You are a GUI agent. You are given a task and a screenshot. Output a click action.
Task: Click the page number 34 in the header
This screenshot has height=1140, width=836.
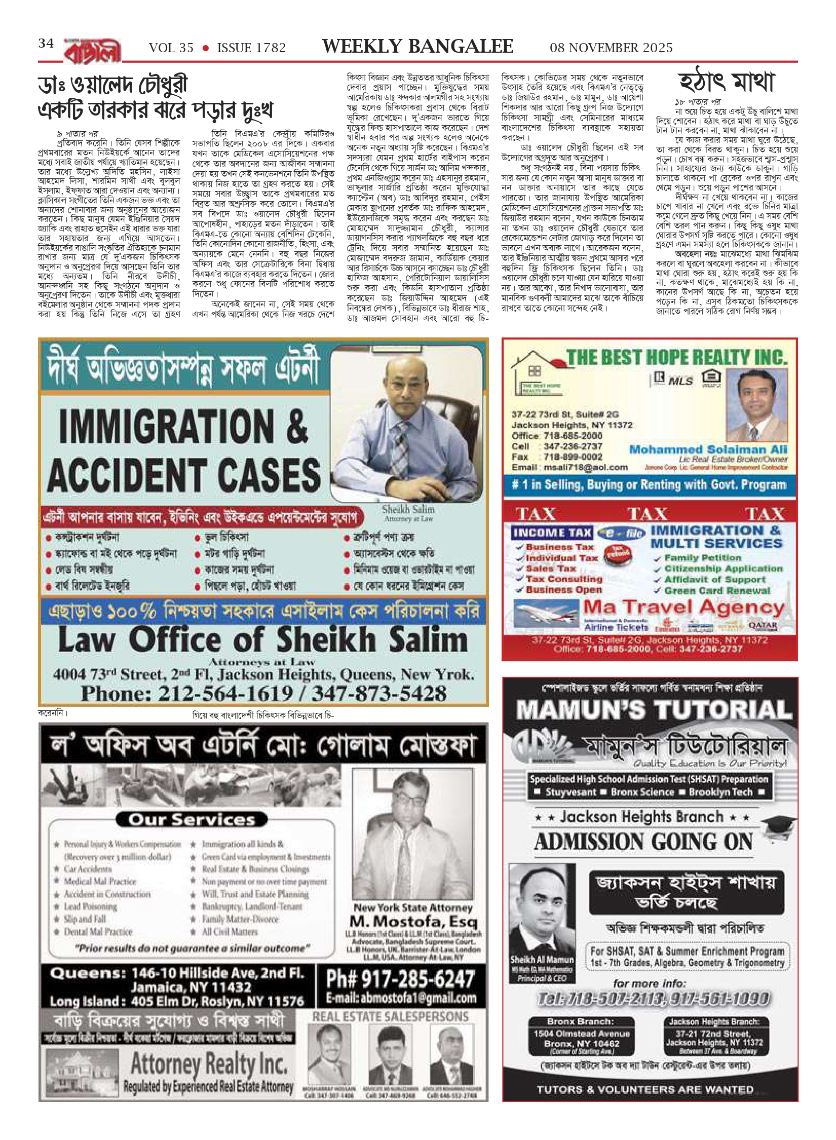pyautogui.click(x=46, y=44)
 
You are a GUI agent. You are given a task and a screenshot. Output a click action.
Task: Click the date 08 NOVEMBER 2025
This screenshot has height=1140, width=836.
pyautogui.click(x=611, y=48)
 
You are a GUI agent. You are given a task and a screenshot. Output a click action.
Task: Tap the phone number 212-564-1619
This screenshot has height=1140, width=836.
pyautogui.click(x=187, y=694)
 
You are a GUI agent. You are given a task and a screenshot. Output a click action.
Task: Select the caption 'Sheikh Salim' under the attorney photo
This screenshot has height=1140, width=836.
pyautogui.click(x=408, y=509)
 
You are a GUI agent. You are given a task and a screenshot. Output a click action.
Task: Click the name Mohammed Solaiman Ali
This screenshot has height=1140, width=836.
pyautogui.click(x=708, y=449)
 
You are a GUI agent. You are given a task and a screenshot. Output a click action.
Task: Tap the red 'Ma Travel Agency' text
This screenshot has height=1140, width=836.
pyautogui.click(x=684, y=607)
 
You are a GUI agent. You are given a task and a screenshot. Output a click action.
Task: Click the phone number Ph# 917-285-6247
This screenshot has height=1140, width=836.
pyautogui.click(x=400, y=979)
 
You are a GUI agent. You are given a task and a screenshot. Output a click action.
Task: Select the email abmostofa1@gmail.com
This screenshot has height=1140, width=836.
pyautogui.click(x=400, y=998)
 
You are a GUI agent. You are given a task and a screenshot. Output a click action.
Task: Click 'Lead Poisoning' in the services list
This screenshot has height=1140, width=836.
pyautogui.click(x=90, y=906)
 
